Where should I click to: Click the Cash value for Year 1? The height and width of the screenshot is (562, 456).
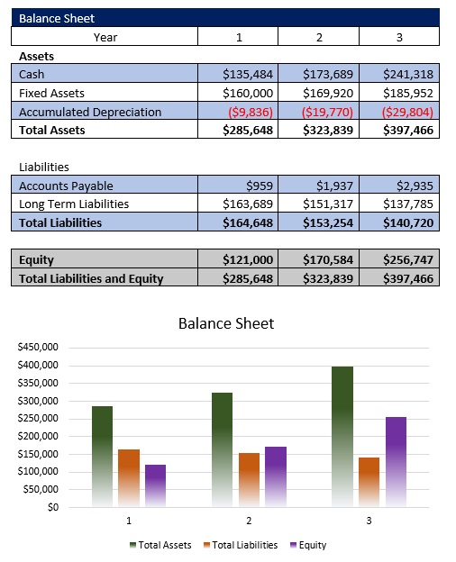point(248,74)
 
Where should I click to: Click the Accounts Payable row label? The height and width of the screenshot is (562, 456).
point(66,186)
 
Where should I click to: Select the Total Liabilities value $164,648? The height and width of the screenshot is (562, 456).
point(248,222)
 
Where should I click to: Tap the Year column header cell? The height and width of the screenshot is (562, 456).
point(105,37)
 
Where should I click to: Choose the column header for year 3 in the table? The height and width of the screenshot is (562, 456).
point(399,37)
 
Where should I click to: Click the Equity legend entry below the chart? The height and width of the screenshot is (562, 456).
point(308,545)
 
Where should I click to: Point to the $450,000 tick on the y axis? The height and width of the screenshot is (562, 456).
point(37,347)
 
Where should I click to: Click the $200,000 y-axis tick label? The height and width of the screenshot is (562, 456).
point(37,436)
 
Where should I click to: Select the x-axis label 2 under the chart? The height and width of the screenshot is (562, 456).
point(249,521)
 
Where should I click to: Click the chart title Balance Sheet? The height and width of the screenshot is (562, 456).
point(225,323)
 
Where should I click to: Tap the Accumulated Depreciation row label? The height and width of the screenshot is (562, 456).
point(90,112)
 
